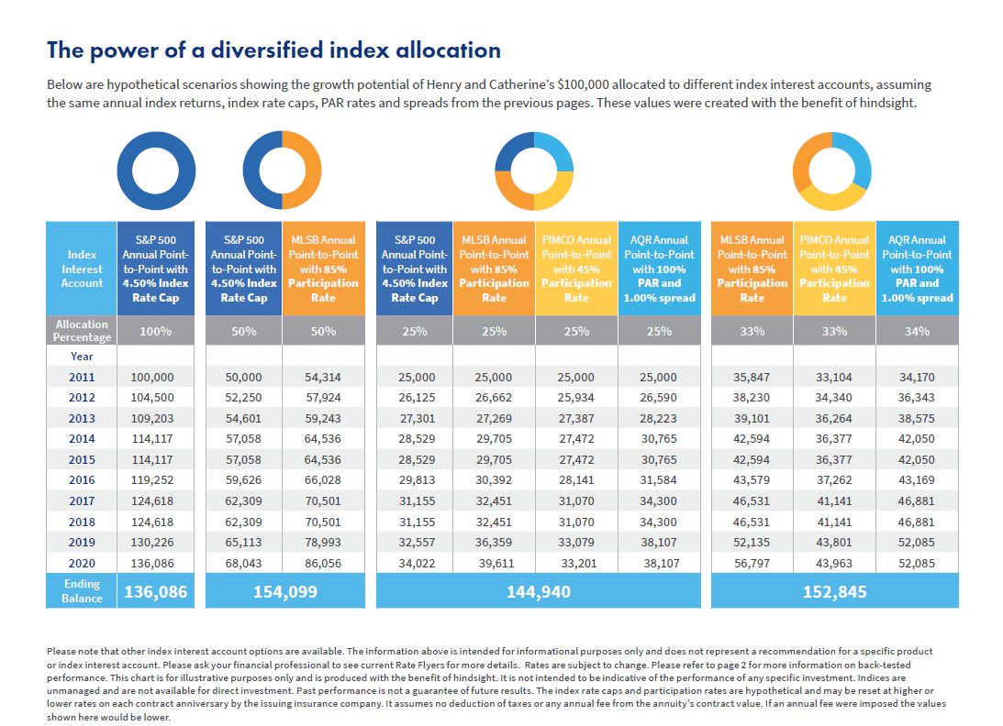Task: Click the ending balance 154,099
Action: [285, 592]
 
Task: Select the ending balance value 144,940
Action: [539, 592]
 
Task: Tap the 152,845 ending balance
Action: [835, 592]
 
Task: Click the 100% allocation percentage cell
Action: [155, 331]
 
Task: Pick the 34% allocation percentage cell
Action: [917, 331]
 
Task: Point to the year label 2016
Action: [82, 480]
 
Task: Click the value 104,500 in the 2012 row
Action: [152, 398]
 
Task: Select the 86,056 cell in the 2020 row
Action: [323, 564]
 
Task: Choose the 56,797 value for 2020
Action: [752, 564]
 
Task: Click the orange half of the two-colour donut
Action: [311, 170]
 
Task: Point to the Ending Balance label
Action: [82, 591]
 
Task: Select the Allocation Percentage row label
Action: [82, 330]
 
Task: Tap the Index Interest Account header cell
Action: [82, 269]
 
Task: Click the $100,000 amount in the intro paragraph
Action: [583, 84]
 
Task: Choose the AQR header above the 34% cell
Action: [918, 269]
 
